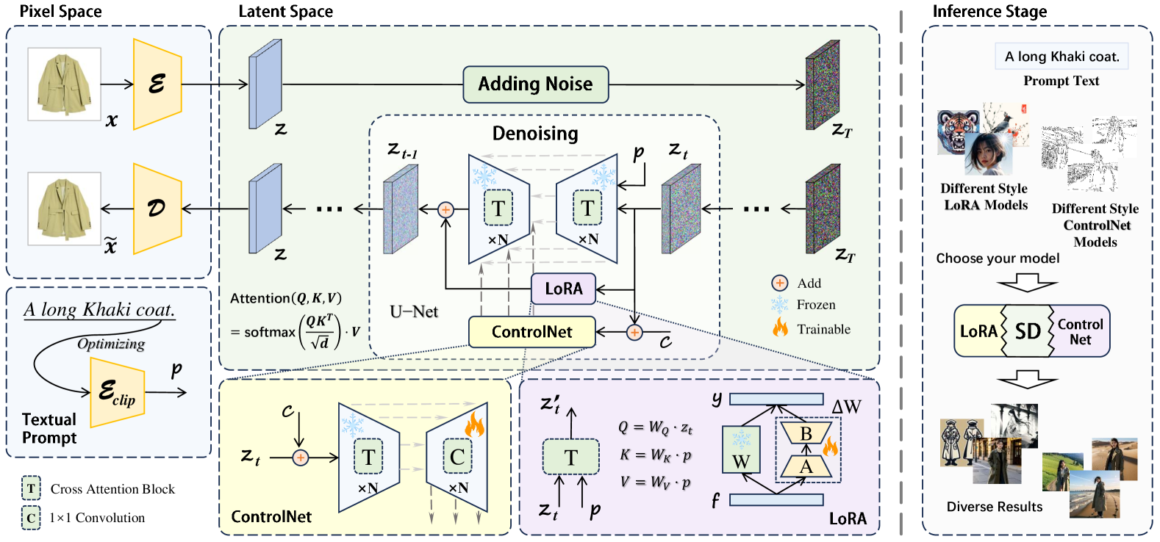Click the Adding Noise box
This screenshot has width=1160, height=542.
point(535,84)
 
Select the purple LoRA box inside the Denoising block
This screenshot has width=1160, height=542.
point(563,289)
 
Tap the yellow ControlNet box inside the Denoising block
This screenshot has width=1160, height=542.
point(531,331)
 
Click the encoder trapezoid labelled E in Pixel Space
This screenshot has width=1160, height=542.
point(157,84)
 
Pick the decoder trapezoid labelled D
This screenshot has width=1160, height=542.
point(157,209)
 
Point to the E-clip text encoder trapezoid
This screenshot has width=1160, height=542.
point(117,392)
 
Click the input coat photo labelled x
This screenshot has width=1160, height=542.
point(64,84)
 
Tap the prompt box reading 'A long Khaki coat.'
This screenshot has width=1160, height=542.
point(1061,57)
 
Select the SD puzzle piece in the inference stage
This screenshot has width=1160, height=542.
point(1028,331)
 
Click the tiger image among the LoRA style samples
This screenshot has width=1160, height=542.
point(958,132)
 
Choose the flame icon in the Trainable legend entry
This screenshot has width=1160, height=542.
point(780,328)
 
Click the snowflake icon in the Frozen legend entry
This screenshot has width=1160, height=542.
point(779,305)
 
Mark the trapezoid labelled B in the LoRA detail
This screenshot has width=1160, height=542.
point(806,433)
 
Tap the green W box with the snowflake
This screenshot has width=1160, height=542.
point(741,449)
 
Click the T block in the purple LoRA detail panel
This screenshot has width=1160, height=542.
point(570,457)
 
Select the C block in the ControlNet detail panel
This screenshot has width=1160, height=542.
point(457,456)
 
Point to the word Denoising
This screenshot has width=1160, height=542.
point(535,134)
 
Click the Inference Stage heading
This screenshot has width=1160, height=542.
point(989,11)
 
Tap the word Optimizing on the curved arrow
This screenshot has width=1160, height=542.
point(111,344)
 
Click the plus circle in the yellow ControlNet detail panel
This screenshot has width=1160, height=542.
point(301,458)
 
